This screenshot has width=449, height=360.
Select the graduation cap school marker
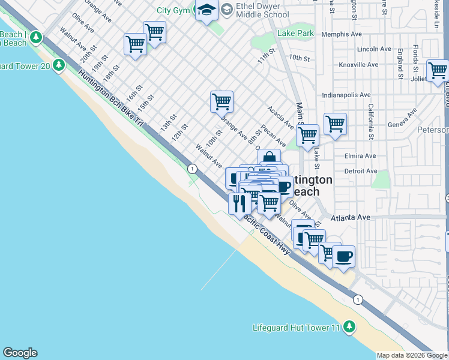tap(206, 11)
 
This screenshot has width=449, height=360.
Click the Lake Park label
tap(295, 34)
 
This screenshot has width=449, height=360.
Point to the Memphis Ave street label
tap(342, 34)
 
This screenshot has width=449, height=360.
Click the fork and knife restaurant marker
tap(240, 203)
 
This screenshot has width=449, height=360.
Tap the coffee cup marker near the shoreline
tap(343, 257)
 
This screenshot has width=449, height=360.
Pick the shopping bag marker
tap(270, 159)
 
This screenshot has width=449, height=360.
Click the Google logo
tap(20, 353)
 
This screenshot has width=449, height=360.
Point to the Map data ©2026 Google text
tap(412, 356)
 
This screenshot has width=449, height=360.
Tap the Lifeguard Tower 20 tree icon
tap(59, 65)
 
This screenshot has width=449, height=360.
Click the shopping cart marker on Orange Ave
tap(221, 102)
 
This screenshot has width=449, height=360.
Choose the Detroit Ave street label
tap(361, 172)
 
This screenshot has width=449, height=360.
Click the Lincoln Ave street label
tap(375, 49)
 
